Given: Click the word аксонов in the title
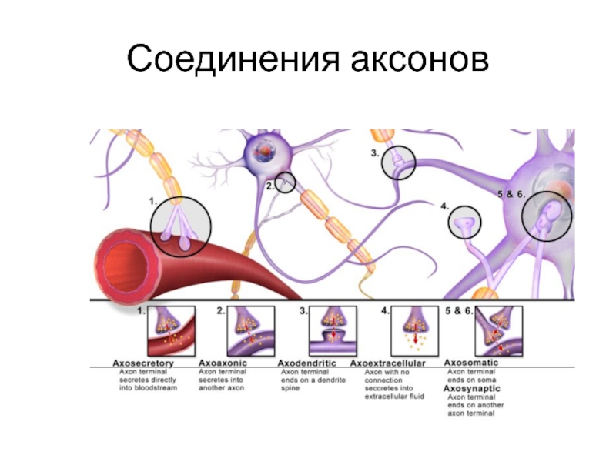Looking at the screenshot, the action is [x=416, y=59].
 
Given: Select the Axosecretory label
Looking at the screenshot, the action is [x=143, y=362].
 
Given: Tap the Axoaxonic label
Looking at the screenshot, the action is [x=223, y=362].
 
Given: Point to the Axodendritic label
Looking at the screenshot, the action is [x=307, y=362].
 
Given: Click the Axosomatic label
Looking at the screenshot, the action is [x=474, y=361].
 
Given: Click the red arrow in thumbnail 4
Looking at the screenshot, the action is [x=417, y=336].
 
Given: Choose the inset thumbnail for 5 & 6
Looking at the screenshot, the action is [x=499, y=330].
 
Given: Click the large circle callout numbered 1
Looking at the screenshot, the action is [x=181, y=227].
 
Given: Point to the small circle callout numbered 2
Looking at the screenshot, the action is [x=286, y=183].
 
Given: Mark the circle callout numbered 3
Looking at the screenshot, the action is [x=399, y=162].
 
